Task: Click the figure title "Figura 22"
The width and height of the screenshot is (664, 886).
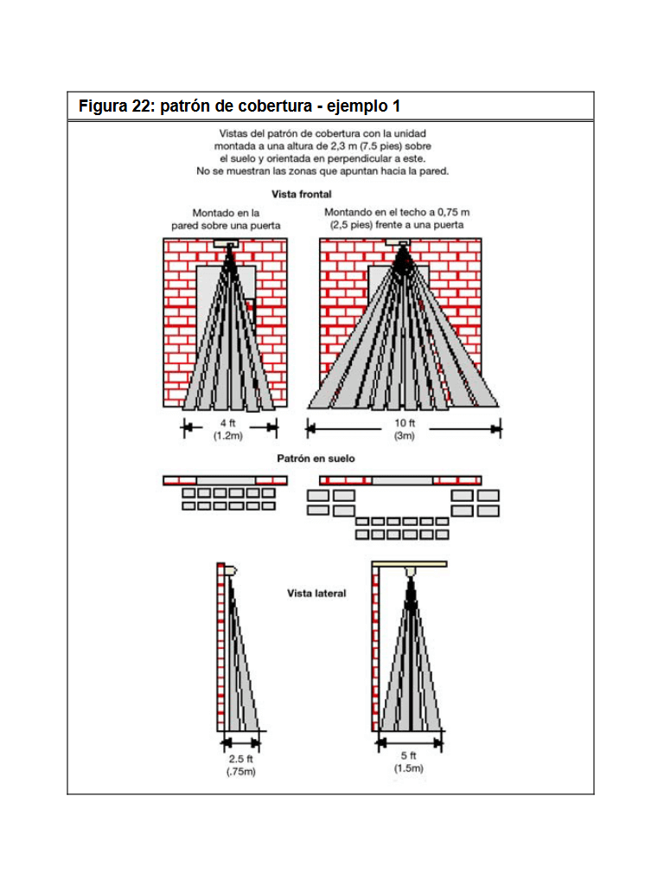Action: (x=115, y=106)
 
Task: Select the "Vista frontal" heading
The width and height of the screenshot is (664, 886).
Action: (x=301, y=195)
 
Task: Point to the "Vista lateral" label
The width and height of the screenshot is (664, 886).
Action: (x=316, y=594)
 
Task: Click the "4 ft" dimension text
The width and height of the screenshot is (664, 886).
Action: (x=229, y=423)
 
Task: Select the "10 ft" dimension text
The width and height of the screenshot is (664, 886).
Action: (x=405, y=423)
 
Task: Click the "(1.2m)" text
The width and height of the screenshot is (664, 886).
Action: (x=229, y=435)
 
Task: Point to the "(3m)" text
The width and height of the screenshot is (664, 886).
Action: (x=405, y=435)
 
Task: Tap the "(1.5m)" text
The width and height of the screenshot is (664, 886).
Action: (x=408, y=768)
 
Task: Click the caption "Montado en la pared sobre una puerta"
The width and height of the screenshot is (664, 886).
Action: (x=226, y=219)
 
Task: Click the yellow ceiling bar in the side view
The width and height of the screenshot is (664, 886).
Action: (x=410, y=564)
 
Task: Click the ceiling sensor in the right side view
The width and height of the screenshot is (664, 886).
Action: (x=411, y=573)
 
